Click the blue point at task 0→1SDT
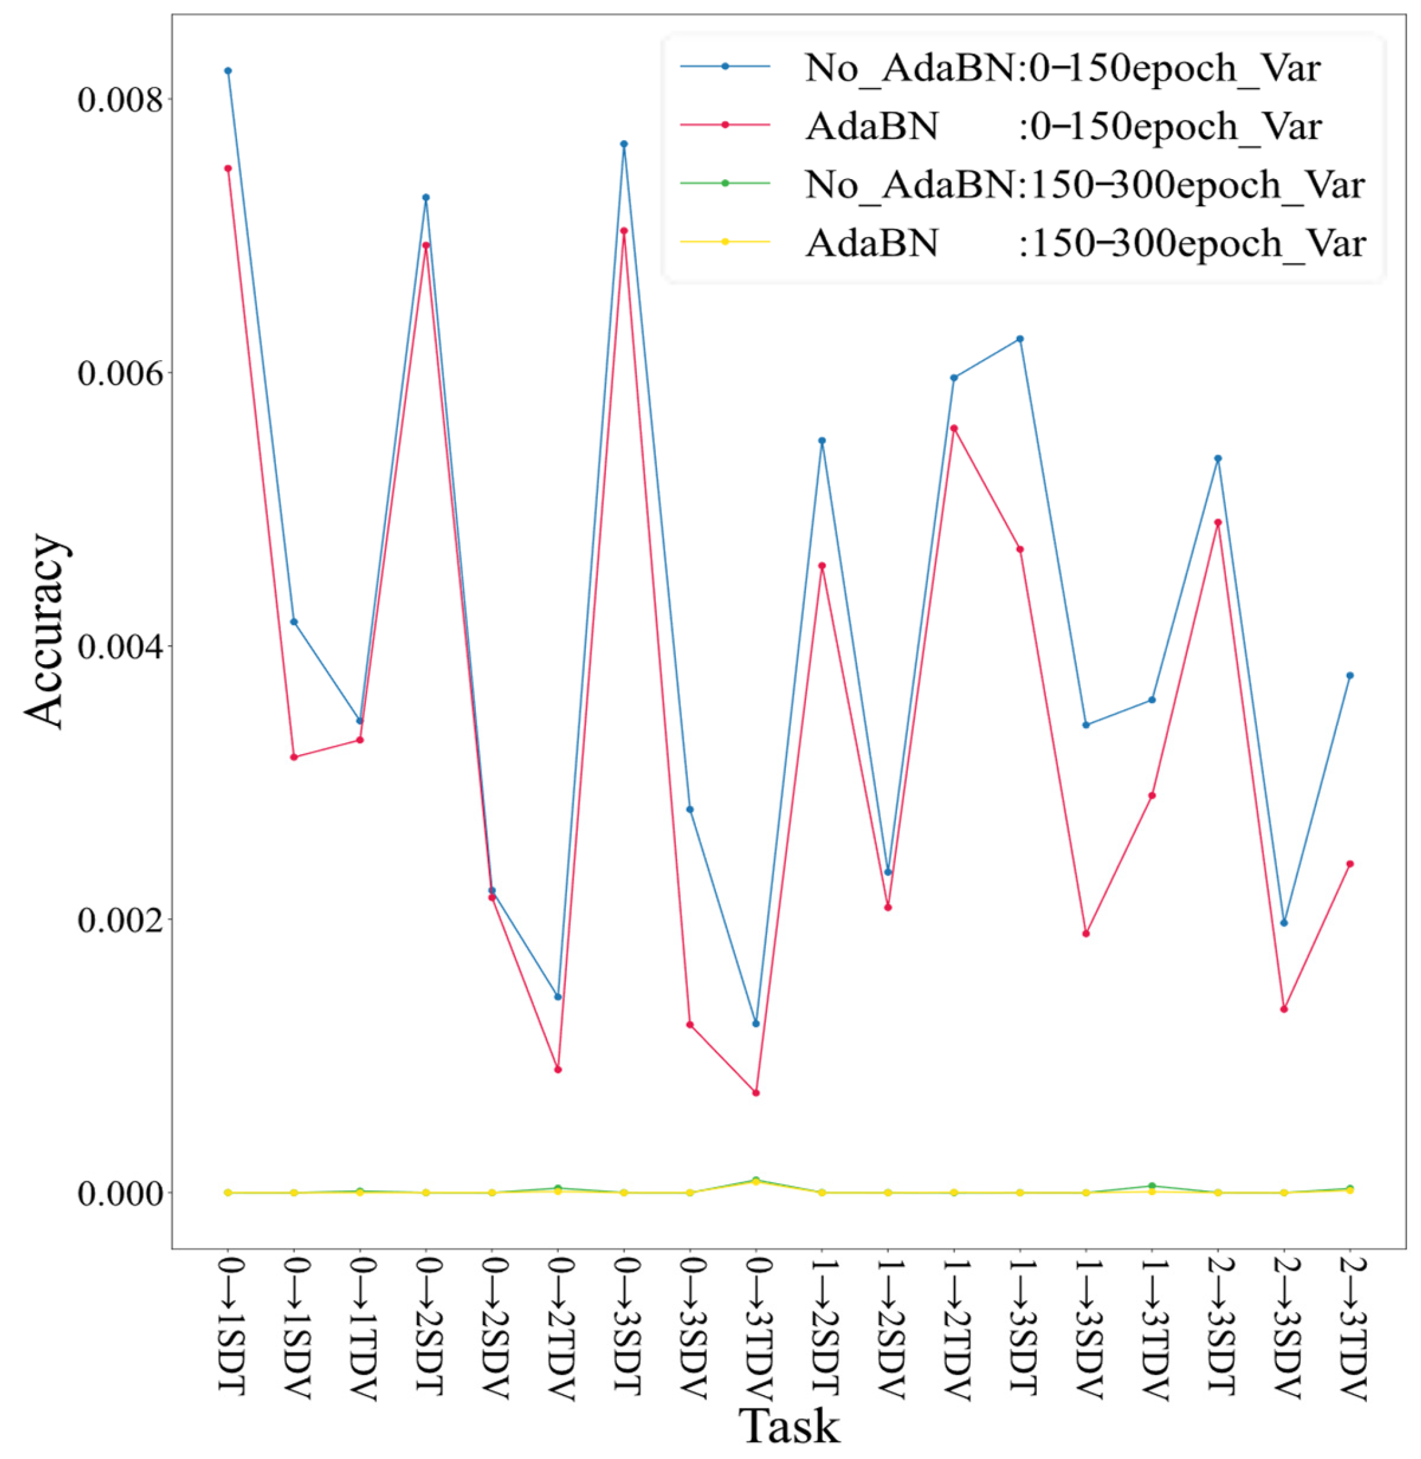tap(228, 71)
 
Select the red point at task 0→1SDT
tap(228, 168)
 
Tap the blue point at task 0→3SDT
tap(624, 144)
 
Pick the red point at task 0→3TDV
tap(756, 1093)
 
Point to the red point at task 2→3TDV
tap(1349, 864)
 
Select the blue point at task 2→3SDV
tap(1284, 922)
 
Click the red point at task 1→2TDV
tap(954, 428)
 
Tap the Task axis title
tap(789, 1426)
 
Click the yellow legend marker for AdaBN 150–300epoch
tap(725, 242)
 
